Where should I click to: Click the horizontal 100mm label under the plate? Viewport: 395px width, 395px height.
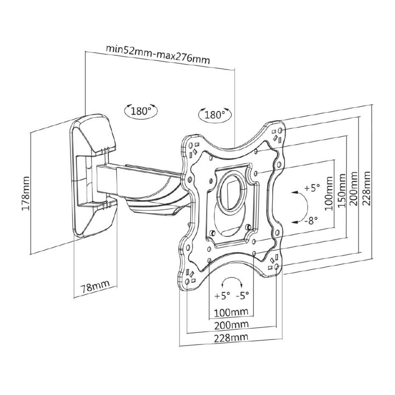(231, 311)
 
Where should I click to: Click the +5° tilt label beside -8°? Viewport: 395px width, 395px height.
(311, 189)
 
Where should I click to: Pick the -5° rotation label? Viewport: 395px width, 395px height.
(243, 295)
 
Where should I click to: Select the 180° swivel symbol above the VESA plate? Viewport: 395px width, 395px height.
(215, 115)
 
